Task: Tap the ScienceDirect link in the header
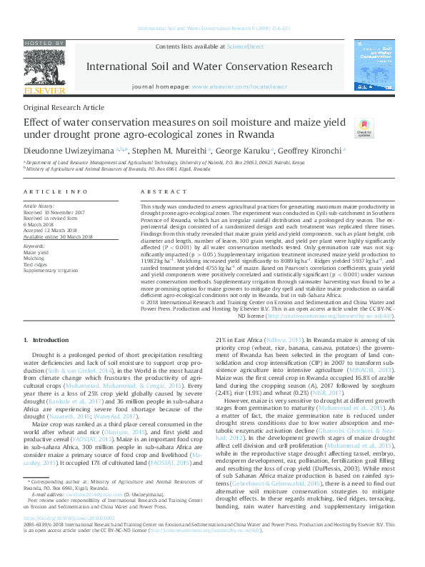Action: tap(245, 46)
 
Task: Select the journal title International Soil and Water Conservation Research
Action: tap(212, 66)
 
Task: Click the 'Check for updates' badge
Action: tap(364, 127)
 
